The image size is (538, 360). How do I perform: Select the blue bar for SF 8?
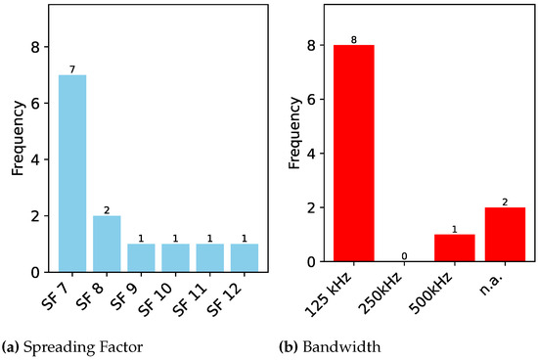106,243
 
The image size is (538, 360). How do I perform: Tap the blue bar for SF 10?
175,256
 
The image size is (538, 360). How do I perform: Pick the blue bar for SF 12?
245,256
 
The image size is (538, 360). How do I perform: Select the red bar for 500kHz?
454,248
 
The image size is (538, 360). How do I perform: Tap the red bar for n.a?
505,235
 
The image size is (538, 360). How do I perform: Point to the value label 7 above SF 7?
71,69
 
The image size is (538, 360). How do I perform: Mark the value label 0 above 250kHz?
404,256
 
